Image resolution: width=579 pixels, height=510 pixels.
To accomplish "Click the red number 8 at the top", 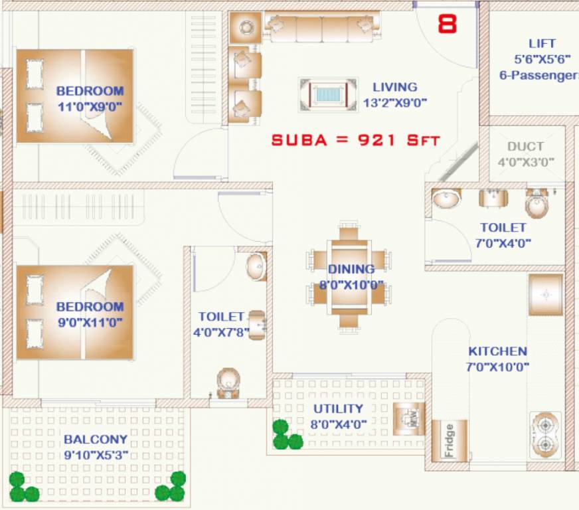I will click(448, 25).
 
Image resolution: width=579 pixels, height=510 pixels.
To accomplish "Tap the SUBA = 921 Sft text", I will click(356, 140).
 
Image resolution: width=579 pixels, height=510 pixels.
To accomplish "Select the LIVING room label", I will click(394, 87).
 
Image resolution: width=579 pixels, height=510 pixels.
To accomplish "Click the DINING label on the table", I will click(351, 269).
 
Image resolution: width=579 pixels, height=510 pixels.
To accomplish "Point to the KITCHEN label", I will click(497, 351).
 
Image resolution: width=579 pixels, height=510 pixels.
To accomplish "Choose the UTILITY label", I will click(338, 408).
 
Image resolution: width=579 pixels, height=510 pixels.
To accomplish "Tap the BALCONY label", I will click(96, 439).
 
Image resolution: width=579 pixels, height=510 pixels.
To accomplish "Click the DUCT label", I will click(525, 147).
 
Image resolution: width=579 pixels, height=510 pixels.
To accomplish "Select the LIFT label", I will click(542, 44).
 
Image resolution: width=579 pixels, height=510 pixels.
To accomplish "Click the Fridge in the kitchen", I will click(450, 440).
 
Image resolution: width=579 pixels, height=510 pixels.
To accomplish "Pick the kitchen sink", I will click(546, 294).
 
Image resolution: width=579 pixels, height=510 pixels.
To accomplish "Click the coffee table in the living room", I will click(327, 93).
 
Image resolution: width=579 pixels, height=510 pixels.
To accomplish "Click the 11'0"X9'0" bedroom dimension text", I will click(90, 106).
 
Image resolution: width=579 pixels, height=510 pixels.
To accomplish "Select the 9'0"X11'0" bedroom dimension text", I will click(90, 323).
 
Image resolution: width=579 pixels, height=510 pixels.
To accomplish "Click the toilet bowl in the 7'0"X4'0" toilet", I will click(537, 203).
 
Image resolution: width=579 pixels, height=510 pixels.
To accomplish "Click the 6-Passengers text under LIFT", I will click(538, 76).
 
